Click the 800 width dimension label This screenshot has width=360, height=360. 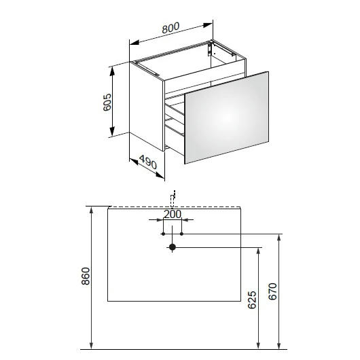pos(170,28)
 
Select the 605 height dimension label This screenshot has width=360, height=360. pos(107,102)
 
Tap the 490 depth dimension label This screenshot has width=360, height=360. pos(148,162)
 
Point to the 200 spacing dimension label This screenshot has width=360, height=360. pos(173,215)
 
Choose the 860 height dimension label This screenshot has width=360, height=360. pos(86,276)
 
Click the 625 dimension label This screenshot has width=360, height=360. pos(252,300)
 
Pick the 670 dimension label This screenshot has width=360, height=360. pos(273,291)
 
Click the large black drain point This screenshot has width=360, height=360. pos(173,247)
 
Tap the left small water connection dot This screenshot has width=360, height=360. pos(163,234)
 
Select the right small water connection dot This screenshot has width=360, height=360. pos(181,234)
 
